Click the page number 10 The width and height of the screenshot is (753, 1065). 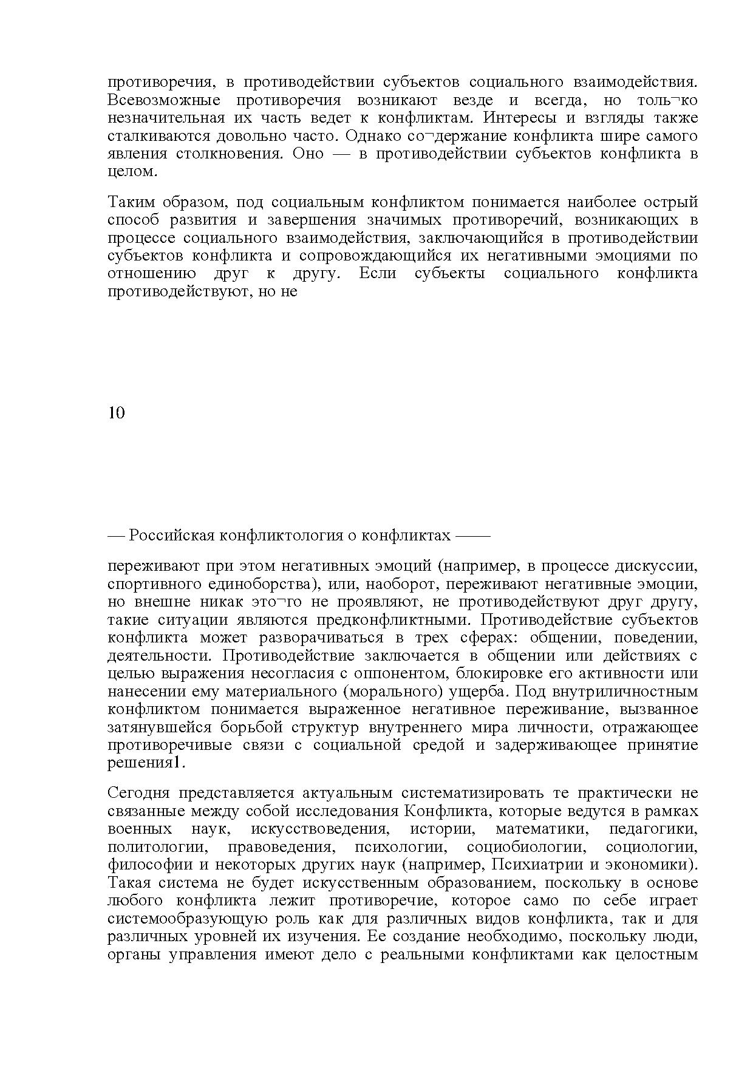[x=117, y=413]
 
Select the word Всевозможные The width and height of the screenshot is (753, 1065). [x=164, y=100]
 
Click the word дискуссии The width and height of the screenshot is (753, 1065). [x=656, y=566]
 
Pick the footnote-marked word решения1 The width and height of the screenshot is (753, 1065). [x=146, y=763]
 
